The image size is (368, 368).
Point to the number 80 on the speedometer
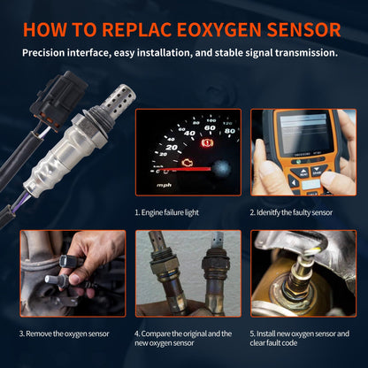229,131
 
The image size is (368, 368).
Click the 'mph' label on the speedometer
165,185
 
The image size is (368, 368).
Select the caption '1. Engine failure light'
168,212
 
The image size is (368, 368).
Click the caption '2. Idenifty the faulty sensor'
292,212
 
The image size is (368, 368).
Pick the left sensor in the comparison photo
165,270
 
